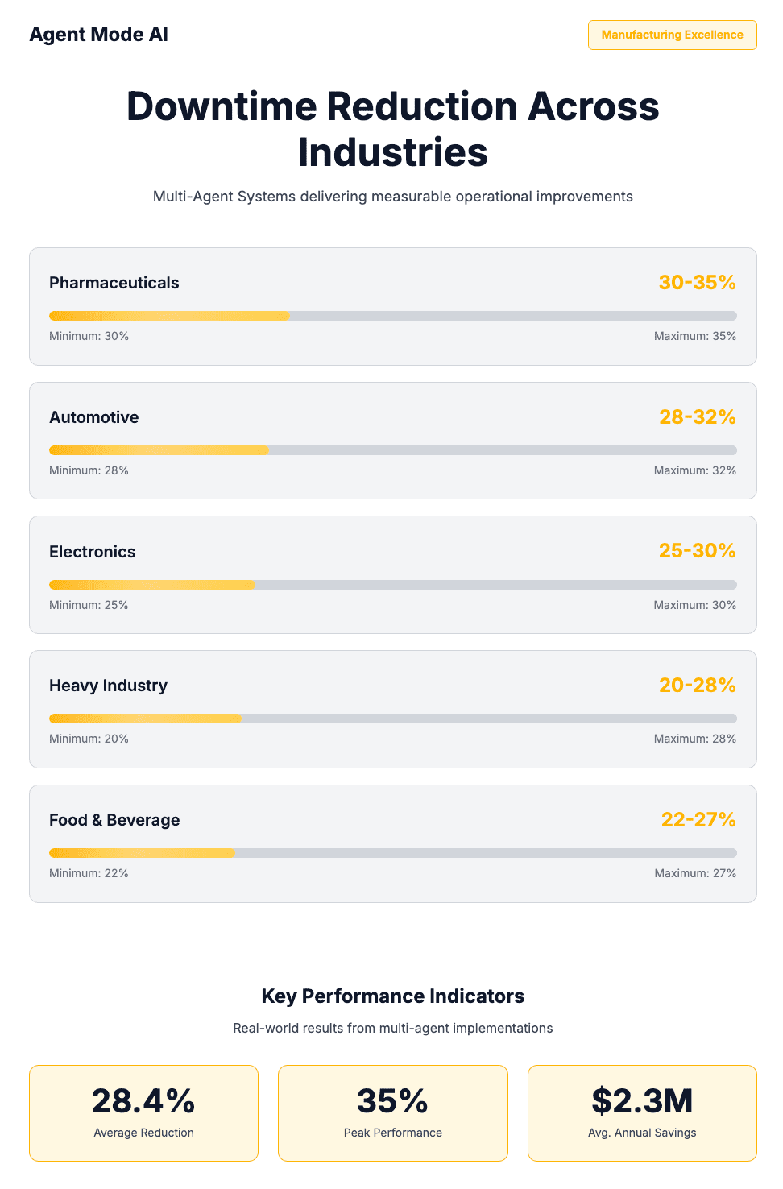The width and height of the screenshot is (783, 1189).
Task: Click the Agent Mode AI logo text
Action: [x=98, y=35]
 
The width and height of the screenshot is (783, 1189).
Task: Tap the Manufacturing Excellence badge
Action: [x=672, y=35]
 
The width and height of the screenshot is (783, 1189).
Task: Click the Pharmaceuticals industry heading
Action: [x=114, y=283]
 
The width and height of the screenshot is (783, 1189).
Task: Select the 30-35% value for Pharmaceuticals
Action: [x=697, y=283]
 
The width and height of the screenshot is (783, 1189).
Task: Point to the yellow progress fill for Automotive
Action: [x=159, y=450]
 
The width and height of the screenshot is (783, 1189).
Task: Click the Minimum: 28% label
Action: [x=89, y=470]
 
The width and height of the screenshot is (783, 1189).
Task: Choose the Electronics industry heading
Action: [x=92, y=552]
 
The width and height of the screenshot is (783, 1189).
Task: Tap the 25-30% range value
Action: [x=697, y=551]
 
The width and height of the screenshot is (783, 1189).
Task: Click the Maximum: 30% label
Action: [x=694, y=605]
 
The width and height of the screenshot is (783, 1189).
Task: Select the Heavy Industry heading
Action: [x=108, y=686]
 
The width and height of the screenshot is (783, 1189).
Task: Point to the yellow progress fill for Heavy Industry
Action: [x=145, y=719]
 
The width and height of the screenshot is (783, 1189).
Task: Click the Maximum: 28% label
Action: [x=694, y=739]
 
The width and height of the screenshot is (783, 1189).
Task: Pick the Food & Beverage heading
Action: [x=114, y=820]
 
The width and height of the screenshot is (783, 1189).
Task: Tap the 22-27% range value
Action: [x=698, y=820]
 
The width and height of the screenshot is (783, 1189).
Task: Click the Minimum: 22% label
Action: [x=89, y=873]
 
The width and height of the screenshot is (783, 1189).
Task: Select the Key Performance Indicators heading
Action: [x=392, y=996]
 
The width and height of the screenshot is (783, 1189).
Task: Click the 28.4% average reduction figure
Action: [x=143, y=1101]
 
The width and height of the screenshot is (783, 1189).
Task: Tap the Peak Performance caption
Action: [x=392, y=1133]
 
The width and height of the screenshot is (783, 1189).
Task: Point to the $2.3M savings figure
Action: [x=642, y=1101]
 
